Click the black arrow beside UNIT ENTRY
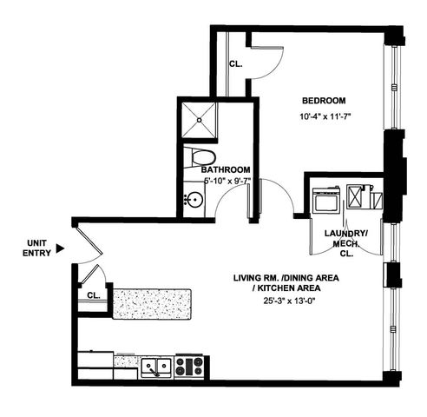click(60, 248)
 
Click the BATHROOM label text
click(227, 169)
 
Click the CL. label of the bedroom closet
click(236, 63)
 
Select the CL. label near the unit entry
click(92, 295)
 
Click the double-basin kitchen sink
click(157, 366)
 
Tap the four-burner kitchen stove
click(188, 366)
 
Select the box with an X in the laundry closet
click(357, 196)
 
